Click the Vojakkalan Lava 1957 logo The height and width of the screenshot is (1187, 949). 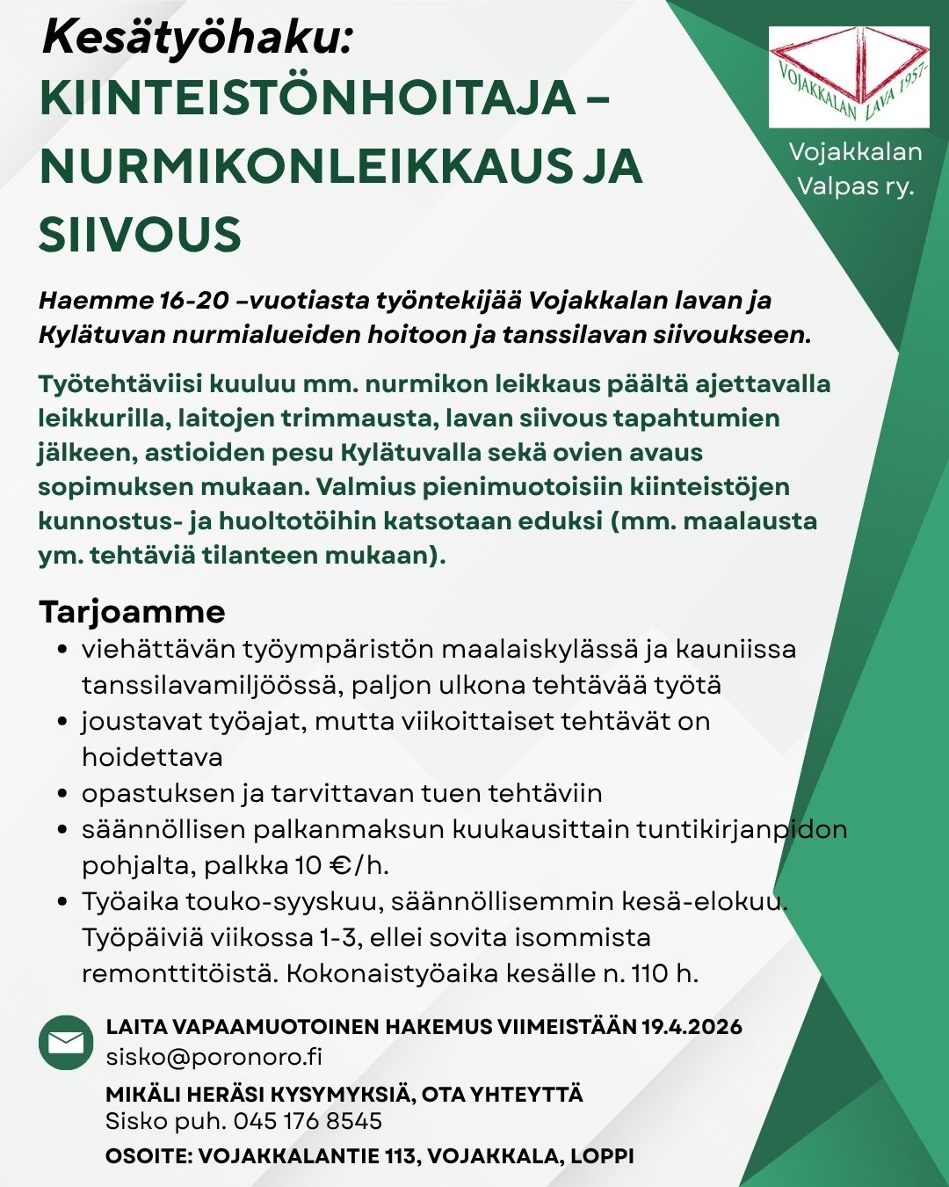[x=849, y=77]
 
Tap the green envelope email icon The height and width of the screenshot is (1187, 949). [x=66, y=1043]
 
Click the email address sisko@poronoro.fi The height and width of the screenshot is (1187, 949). [x=214, y=1056]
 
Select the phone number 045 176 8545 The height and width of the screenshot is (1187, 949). [x=307, y=1121]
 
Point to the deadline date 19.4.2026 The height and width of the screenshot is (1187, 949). [x=692, y=1026]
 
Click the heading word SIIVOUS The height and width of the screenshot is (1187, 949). [x=140, y=235]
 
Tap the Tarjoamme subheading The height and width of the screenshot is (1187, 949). [x=132, y=611]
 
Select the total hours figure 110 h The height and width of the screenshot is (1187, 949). [x=664, y=973]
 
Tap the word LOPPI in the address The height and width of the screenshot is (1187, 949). [x=602, y=1155]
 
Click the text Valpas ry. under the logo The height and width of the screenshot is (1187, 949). [x=855, y=186]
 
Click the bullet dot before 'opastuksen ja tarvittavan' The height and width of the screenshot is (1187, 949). [x=62, y=794]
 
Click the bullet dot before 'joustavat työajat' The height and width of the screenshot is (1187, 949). [x=62, y=722]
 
